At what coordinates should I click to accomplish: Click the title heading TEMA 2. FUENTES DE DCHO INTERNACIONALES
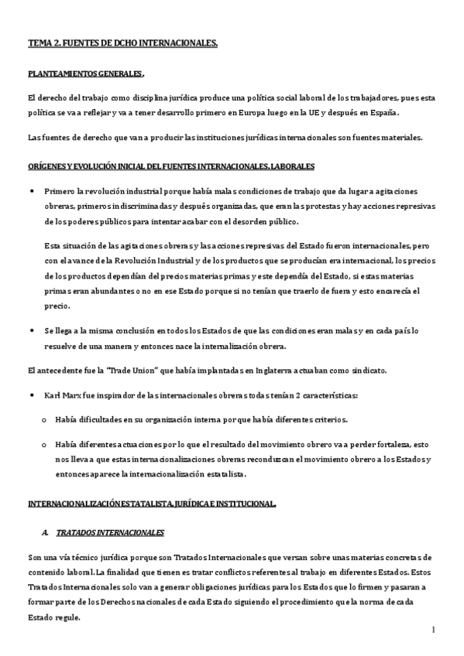click(122, 45)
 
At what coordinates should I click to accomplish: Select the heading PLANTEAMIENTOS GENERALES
click(85, 74)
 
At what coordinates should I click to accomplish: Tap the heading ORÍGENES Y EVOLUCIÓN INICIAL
click(170, 166)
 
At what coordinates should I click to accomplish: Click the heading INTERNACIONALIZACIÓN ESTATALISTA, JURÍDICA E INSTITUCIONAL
click(151, 504)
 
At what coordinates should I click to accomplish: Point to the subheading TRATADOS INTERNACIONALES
click(109, 534)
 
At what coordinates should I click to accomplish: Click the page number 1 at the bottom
click(435, 630)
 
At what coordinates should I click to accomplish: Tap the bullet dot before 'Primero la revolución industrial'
click(31, 190)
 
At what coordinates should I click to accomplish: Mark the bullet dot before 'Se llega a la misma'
click(31, 330)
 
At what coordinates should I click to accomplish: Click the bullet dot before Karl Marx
click(31, 395)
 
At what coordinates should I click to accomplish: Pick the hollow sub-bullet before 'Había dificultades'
click(43, 420)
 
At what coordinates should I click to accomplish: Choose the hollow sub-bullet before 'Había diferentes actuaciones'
click(43, 445)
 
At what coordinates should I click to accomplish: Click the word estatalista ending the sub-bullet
click(222, 473)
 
